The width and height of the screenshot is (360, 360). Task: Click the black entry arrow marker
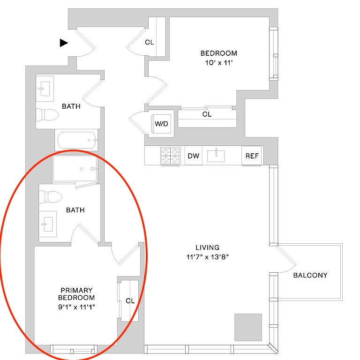coord(63,43)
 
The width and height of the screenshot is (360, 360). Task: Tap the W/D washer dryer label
coord(161,124)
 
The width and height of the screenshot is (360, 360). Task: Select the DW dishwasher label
coord(193,156)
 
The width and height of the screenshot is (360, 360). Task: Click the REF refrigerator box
coord(252,156)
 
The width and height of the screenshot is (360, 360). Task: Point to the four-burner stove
coord(170,156)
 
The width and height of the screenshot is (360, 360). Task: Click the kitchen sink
coord(216,156)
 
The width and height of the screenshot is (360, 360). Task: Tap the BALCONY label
coord(310,275)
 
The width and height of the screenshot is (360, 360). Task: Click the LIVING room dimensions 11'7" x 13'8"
coord(207,257)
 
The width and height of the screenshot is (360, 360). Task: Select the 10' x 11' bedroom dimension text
coord(219,63)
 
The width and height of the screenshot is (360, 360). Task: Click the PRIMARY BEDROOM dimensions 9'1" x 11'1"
coord(76,307)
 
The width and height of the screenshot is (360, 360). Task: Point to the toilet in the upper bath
coord(47,115)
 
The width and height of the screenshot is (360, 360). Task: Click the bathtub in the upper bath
coord(78,140)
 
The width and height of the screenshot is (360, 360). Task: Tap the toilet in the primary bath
coord(50,197)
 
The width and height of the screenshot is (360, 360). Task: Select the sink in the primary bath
coord(47,224)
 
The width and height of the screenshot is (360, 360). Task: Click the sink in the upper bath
coord(45,89)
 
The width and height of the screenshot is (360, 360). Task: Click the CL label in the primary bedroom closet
coord(130,301)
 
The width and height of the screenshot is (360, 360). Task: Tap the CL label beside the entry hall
coord(149,42)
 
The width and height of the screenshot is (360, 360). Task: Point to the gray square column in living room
coord(248,327)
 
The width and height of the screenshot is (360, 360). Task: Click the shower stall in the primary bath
coord(75,169)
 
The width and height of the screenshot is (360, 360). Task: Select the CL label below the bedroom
coord(207,114)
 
